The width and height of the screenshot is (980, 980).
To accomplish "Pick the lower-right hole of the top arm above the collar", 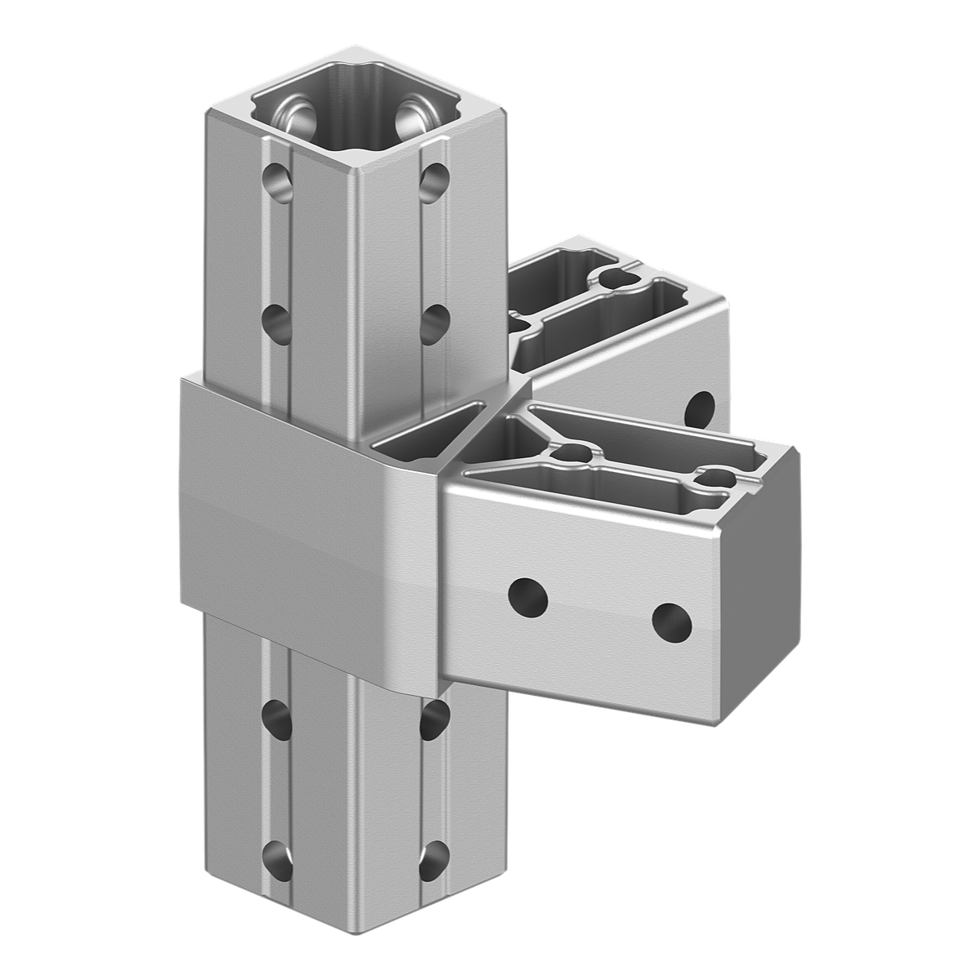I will click(x=434, y=318).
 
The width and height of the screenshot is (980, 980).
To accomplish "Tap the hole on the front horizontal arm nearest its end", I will click(x=671, y=623).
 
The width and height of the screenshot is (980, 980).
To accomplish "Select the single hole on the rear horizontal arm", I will click(x=699, y=408).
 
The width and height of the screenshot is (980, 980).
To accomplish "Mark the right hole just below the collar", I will click(x=435, y=719).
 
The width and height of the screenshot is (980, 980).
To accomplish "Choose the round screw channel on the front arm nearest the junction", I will click(x=572, y=453).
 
